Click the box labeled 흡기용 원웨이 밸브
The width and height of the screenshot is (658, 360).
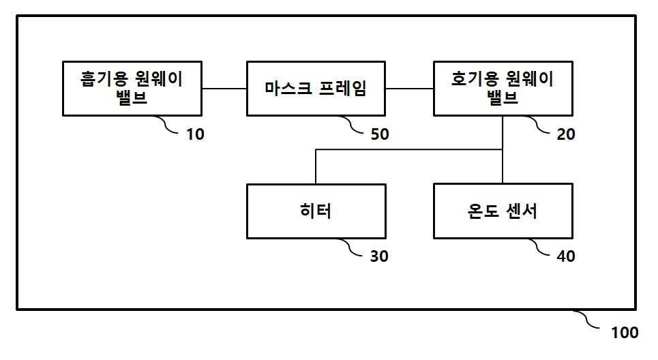tap(132, 89)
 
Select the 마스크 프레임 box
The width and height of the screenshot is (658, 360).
tap(315, 89)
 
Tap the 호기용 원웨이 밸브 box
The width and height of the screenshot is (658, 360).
tap(503, 89)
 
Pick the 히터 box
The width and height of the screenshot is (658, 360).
tap(315, 211)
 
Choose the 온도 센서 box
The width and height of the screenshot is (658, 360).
tap(503, 211)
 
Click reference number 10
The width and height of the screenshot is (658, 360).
tap(195, 134)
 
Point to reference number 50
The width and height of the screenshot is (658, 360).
tap(379, 134)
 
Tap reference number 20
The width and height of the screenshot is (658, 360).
tap(566, 134)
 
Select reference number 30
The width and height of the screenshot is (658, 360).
tap(379, 256)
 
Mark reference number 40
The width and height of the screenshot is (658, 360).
tap(566, 256)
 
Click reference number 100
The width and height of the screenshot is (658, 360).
tap(625, 333)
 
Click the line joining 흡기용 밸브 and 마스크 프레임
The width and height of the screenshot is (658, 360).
tap(224, 89)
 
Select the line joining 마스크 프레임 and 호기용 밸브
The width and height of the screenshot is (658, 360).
tap(409, 89)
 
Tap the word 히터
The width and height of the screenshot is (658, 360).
tap(315, 211)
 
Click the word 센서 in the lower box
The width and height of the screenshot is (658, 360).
tap(521, 211)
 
